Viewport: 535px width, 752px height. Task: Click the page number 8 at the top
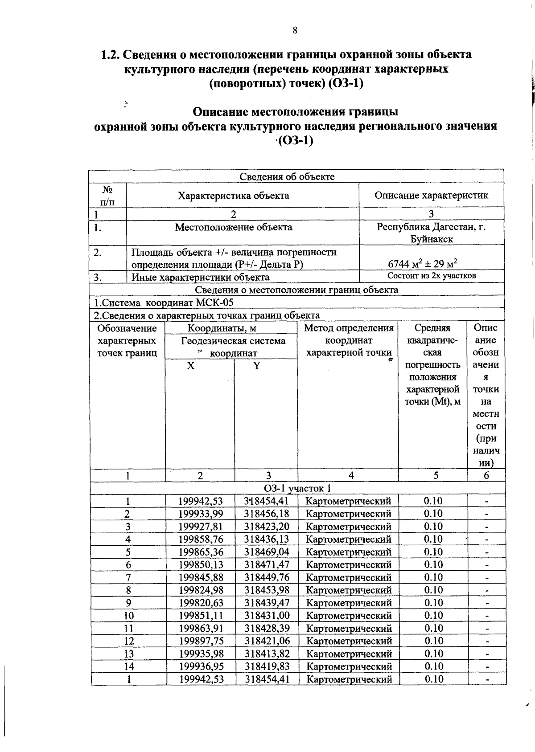coord(295,30)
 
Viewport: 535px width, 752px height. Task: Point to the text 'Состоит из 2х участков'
coord(431,276)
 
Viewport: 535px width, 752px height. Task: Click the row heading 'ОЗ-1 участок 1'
coord(297,488)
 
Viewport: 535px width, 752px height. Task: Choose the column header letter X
coord(190,366)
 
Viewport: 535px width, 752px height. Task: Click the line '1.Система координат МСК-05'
coord(164,303)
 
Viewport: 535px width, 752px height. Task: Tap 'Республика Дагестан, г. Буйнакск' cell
coord(431,233)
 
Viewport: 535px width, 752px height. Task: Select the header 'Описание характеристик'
coord(431,196)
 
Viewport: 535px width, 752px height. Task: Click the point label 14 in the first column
coord(128,667)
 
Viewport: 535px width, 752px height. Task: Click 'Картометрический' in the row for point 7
coord(349,578)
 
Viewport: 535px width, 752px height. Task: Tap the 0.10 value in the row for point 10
coord(433,616)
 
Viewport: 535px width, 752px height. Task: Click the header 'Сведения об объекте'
coord(287,176)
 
